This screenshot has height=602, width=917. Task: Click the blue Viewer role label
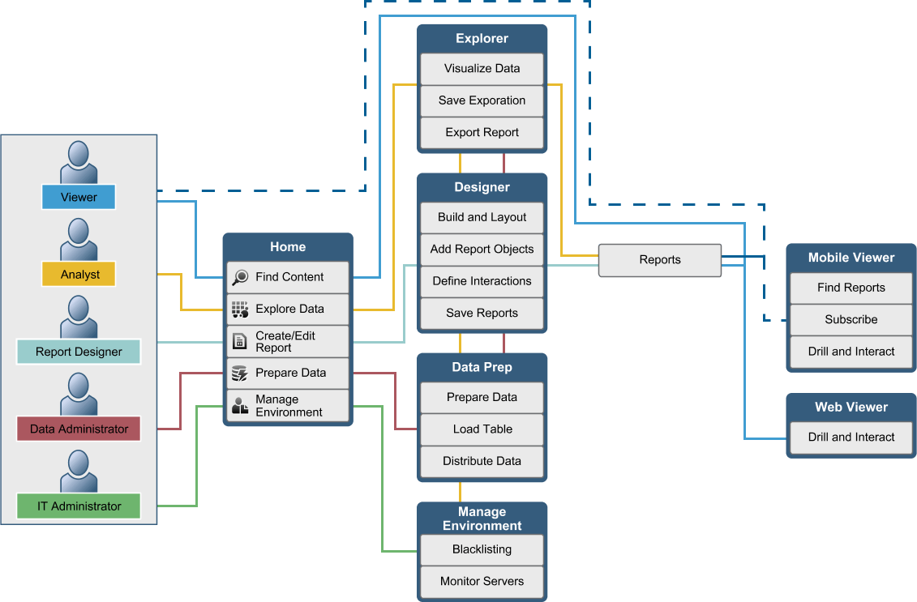(79, 197)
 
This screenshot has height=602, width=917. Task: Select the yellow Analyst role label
(79, 274)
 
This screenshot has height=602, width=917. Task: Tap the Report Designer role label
(79, 352)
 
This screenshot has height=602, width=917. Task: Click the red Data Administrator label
(79, 429)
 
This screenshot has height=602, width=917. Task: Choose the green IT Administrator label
(79, 506)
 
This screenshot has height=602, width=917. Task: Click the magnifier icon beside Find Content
(240, 277)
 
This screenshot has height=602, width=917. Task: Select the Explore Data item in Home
(288, 309)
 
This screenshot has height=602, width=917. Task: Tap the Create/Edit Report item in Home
(288, 341)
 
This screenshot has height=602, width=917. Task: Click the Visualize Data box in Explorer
(482, 69)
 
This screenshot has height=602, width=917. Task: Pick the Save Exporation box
(482, 100)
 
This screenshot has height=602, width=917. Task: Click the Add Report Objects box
(482, 249)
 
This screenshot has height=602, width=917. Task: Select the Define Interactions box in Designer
(482, 281)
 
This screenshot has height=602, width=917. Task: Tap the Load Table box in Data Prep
(482, 429)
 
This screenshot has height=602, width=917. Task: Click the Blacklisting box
(482, 549)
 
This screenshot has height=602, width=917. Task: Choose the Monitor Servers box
(482, 581)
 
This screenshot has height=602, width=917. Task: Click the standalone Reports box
(659, 260)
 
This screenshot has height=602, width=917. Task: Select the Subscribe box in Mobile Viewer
(851, 319)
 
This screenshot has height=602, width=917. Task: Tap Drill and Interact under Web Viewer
(851, 437)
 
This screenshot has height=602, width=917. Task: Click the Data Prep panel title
(482, 367)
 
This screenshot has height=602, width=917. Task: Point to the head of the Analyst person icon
(79, 231)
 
